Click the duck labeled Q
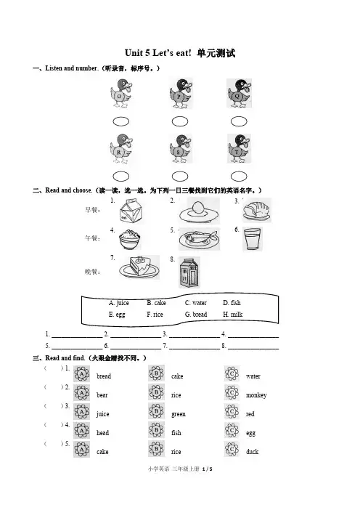pos(240,93)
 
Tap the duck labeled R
pos(121,149)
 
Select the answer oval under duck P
pos(180,121)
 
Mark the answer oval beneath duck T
pos(239,177)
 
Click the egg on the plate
pos(198,211)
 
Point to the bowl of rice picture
pos(130,239)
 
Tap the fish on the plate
pos(199,239)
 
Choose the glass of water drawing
pos(252,239)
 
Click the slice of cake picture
pos(139,267)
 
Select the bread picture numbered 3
pos(257,210)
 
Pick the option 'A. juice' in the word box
pos(118,303)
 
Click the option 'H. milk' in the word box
pos(233,315)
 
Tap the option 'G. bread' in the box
pos(196,315)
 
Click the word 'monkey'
pos(256,395)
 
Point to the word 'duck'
pos(252,451)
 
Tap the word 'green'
pos(179,414)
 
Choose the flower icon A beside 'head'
pos(81,431)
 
